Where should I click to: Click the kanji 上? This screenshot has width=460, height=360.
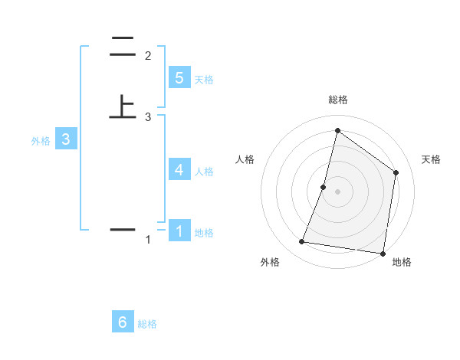pyautogui.click(x=123, y=106)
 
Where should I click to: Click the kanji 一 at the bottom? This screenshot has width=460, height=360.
pyautogui.click(x=123, y=229)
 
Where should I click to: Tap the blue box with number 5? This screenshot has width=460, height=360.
pyautogui.click(x=179, y=77)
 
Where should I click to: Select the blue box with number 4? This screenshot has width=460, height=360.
pyautogui.click(x=179, y=169)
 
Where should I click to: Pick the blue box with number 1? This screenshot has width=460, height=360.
pyautogui.click(x=179, y=231)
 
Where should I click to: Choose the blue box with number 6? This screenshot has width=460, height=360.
pyautogui.click(x=123, y=322)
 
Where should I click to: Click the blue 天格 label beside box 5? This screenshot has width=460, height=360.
pyautogui.click(x=204, y=80)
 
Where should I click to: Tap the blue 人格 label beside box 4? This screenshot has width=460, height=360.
pyautogui.click(x=204, y=172)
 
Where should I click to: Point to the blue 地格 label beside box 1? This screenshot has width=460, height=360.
pyautogui.click(x=204, y=233)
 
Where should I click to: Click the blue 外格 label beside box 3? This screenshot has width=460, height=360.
pyautogui.click(x=41, y=141)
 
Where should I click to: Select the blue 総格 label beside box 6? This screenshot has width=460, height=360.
pyautogui.click(x=147, y=325)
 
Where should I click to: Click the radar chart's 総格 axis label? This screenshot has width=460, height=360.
pyautogui.click(x=337, y=100)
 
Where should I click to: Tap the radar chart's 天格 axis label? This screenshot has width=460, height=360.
pyautogui.click(x=431, y=159)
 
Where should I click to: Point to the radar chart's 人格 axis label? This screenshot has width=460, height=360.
pyautogui.click(x=245, y=159)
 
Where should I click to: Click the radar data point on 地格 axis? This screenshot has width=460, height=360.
pyautogui.click(x=383, y=253)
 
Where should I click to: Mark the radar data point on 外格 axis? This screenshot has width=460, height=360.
pyautogui.click(x=302, y=242)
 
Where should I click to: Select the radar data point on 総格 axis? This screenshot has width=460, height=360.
pyautogui.click(x=337, y=131)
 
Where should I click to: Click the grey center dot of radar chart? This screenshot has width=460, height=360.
pyautogui.click(x=337, y=191)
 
